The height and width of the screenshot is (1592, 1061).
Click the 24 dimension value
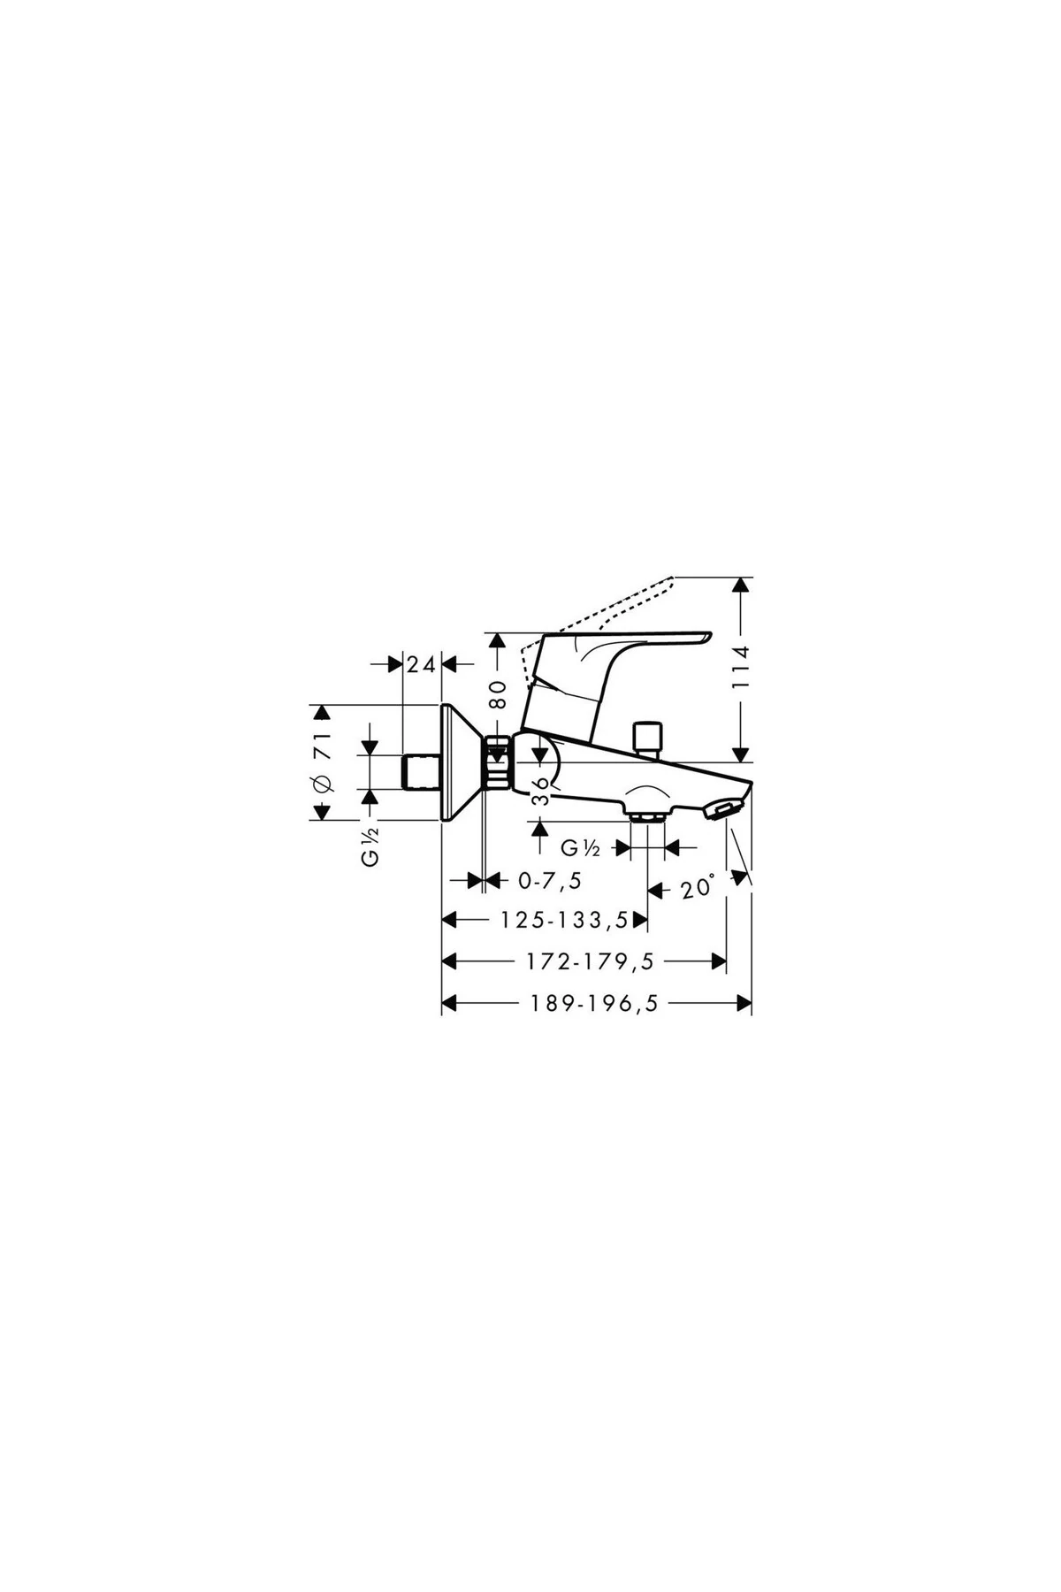(422, 664)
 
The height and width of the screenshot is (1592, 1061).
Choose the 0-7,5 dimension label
(550, 881)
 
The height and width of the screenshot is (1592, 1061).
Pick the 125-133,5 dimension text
(563, 921)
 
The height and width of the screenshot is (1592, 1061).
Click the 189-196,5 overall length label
(594, 1003)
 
